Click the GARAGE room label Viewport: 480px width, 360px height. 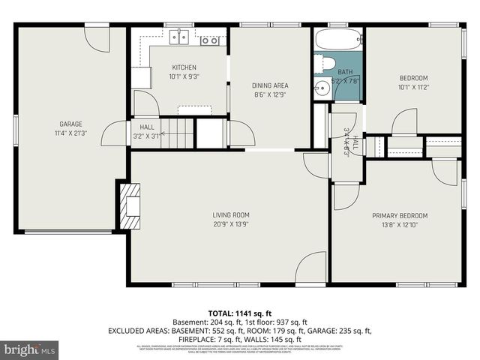(70, 124)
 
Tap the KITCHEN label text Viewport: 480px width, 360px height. (184, 67)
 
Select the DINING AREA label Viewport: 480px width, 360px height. (270, 85)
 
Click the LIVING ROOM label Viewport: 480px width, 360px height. (230, 214)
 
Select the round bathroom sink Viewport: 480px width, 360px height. (322, 88)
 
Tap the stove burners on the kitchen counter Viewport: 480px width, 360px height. (210, 39)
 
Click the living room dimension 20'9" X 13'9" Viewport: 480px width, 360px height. (230, 224)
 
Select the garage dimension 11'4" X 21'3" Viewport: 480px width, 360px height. (70, 133)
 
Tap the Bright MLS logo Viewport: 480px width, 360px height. (30, 349)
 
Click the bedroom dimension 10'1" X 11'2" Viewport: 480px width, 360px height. (412, 87)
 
